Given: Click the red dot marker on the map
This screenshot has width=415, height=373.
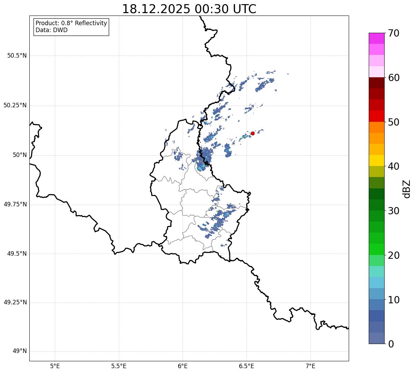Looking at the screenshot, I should (253, 133).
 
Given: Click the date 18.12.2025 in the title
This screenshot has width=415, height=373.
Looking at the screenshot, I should (156, 9).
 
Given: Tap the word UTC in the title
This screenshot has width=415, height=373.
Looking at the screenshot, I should (244, 9).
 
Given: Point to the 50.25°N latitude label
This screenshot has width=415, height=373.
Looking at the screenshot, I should (15, 105).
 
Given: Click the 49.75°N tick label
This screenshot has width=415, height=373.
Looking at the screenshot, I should (15, 204).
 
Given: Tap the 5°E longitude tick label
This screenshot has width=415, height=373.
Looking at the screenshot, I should (55, 366).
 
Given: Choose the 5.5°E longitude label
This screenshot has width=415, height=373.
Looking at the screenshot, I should (119, 366).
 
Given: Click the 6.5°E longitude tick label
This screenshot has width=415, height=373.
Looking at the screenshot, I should (247, 366).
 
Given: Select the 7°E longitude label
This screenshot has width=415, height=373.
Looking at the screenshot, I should (310, 366).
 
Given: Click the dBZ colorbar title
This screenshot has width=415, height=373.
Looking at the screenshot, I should (407, 188).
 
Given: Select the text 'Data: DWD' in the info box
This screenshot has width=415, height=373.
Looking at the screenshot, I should (51, 30).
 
